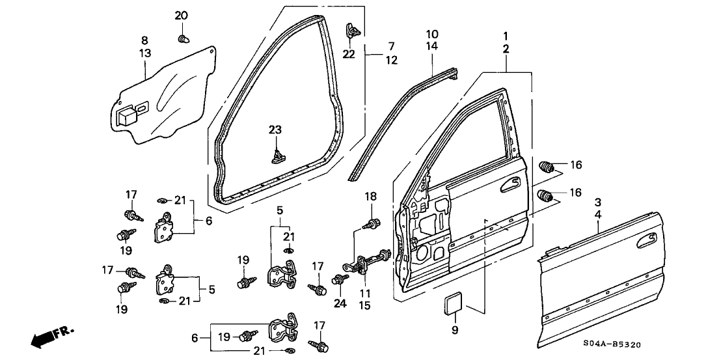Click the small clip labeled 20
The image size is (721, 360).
(183, 39)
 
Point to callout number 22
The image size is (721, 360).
(349, 53)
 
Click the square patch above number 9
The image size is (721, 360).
(454, 302)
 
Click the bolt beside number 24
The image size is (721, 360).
(338, 281)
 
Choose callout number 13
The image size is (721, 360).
(144, 53)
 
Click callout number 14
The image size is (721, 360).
(433, 46)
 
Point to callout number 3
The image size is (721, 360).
(597, 201)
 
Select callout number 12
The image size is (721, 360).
(391, 60)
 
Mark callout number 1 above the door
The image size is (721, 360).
(506, 35)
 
